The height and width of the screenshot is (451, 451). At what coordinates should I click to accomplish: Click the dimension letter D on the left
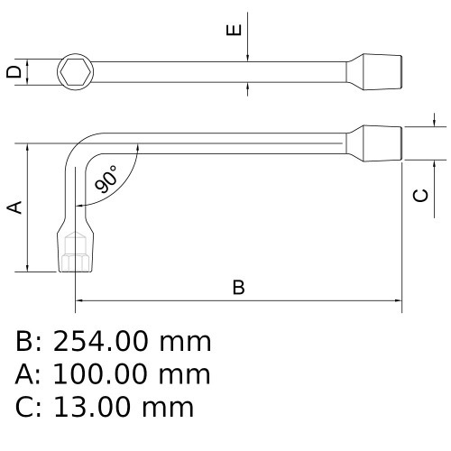point(13,71)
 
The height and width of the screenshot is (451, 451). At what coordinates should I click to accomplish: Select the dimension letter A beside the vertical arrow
point(14,207)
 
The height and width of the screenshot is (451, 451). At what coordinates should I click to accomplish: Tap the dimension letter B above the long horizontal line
point(238,288)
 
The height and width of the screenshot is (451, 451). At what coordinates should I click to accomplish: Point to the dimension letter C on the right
point(419,196)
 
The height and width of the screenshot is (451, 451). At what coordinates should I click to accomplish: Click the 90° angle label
point(106,179)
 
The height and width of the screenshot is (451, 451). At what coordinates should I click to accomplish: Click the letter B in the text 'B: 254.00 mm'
point(24,342)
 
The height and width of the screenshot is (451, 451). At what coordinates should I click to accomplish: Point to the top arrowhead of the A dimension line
point(30,147)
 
